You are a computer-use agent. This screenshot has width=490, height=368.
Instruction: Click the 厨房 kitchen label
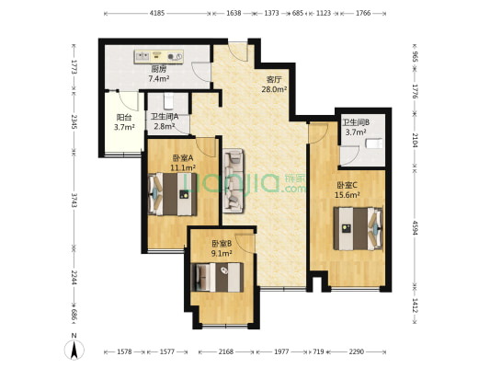coord(158,69)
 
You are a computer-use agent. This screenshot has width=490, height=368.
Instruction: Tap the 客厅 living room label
coord(275,79)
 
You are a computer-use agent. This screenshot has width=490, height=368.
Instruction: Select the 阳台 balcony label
coord(124,117)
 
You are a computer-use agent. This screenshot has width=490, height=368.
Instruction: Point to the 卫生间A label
coord(166,116)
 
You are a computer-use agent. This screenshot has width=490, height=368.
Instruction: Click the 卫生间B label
coord(356,122)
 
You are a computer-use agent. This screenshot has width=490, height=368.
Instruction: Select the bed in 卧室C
coord(358,226)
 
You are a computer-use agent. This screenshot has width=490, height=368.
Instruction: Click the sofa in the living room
coord(234,180)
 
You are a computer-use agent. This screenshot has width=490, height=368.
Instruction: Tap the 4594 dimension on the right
coord(415,226)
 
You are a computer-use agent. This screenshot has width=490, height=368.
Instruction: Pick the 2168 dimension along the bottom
coord(225,351)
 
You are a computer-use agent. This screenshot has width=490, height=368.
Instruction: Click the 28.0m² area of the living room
coord(275,90)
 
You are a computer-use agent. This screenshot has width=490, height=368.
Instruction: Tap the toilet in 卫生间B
coord(372,144)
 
